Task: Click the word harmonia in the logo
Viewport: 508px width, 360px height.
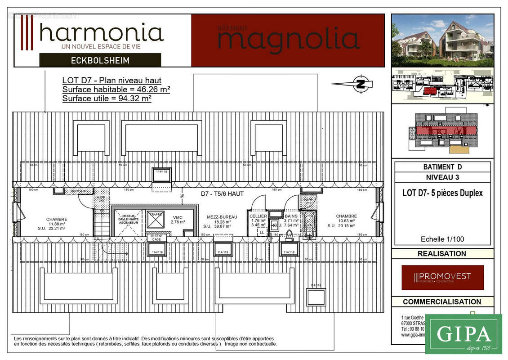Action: (x=101, y=33)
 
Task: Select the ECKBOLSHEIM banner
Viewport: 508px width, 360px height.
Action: (x=100, y=60)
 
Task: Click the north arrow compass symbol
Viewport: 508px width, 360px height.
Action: (x=361, y=84)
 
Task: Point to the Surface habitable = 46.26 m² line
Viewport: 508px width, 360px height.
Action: (x=116, y=90)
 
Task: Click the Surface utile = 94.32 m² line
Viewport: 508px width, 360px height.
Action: (x=107, y=98)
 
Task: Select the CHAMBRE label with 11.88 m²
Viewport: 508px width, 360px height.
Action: (x=57, y=219)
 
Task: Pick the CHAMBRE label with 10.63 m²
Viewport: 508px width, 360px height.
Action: (x=346, y=216)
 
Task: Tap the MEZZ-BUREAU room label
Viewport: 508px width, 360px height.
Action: (x=219, y=217)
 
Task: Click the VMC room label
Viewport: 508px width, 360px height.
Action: (x=178, y=217)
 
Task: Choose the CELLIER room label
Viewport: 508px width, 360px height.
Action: (x=259, y=216)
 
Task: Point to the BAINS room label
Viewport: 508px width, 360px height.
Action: (x=291, y=216)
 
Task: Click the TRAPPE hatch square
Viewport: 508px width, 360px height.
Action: (x=156, y=219)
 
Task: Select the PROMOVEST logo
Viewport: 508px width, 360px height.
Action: (x=442, y=277)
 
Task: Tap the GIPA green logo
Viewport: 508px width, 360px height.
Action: (x=463, y=334)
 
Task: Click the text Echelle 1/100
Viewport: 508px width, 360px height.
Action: (x=442, y=239)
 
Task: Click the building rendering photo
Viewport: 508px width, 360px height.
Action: (x=442, y=40)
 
